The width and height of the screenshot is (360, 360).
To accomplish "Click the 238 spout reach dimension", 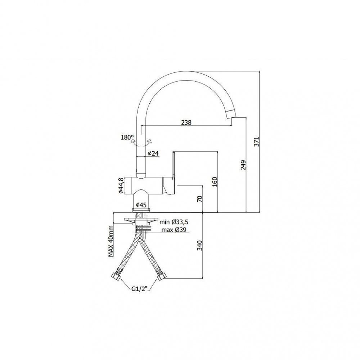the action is click(186, 123).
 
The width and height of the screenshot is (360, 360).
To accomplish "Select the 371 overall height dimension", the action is click(256, 141).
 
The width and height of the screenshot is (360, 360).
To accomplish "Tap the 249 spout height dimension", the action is click(243, 165).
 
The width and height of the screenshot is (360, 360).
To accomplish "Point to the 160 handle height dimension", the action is click(215, 182).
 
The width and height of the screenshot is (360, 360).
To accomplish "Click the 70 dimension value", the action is click(200, 199).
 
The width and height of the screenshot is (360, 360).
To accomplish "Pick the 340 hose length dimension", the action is click(200, 246).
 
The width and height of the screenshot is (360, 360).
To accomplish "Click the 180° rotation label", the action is click(127, 138).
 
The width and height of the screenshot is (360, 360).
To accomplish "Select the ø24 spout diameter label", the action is click(153, 153).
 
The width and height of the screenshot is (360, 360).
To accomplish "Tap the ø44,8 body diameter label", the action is click(121, 186).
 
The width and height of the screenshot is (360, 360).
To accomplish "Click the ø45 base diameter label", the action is click(141, 205).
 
